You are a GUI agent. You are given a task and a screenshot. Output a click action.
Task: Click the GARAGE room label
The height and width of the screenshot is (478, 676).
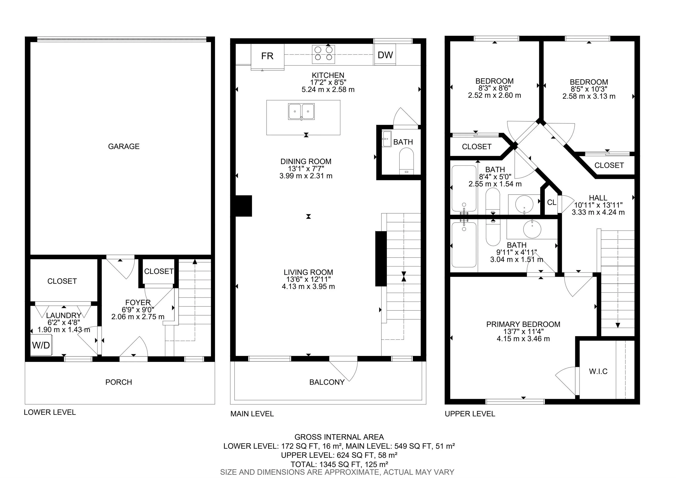[124, 146]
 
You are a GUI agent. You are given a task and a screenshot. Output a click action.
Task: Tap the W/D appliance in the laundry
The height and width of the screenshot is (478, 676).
[41, 345]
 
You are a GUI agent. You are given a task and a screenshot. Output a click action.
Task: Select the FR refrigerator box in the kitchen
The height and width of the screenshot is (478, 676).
[267, 56]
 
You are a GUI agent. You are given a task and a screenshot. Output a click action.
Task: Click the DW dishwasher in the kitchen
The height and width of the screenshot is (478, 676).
[385, 55]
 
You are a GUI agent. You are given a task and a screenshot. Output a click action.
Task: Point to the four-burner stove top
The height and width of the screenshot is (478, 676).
[323, 54]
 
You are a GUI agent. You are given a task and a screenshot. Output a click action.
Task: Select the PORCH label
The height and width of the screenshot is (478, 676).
[119, 382]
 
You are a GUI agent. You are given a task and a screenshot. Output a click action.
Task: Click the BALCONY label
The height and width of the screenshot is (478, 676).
[327, 382]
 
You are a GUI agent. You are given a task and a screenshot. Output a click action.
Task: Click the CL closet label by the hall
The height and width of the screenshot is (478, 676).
[552, 203]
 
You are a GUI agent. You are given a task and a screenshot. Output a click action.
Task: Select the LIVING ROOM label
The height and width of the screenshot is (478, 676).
[308, 272]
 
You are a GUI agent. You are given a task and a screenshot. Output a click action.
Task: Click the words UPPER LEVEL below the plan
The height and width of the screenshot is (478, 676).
[470, 414]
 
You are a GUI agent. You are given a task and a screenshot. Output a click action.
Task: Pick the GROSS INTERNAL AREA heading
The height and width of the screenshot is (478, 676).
[339, 437]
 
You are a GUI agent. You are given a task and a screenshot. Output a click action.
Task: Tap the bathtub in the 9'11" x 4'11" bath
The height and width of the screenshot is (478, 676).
[464, 244]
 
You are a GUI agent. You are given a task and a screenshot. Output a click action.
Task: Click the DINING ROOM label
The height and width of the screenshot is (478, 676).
[306, 161]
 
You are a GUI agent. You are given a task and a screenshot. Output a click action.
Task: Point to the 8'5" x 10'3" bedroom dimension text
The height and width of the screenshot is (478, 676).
[589, 89]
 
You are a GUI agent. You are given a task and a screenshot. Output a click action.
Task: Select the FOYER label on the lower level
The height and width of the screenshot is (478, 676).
[138, 303]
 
